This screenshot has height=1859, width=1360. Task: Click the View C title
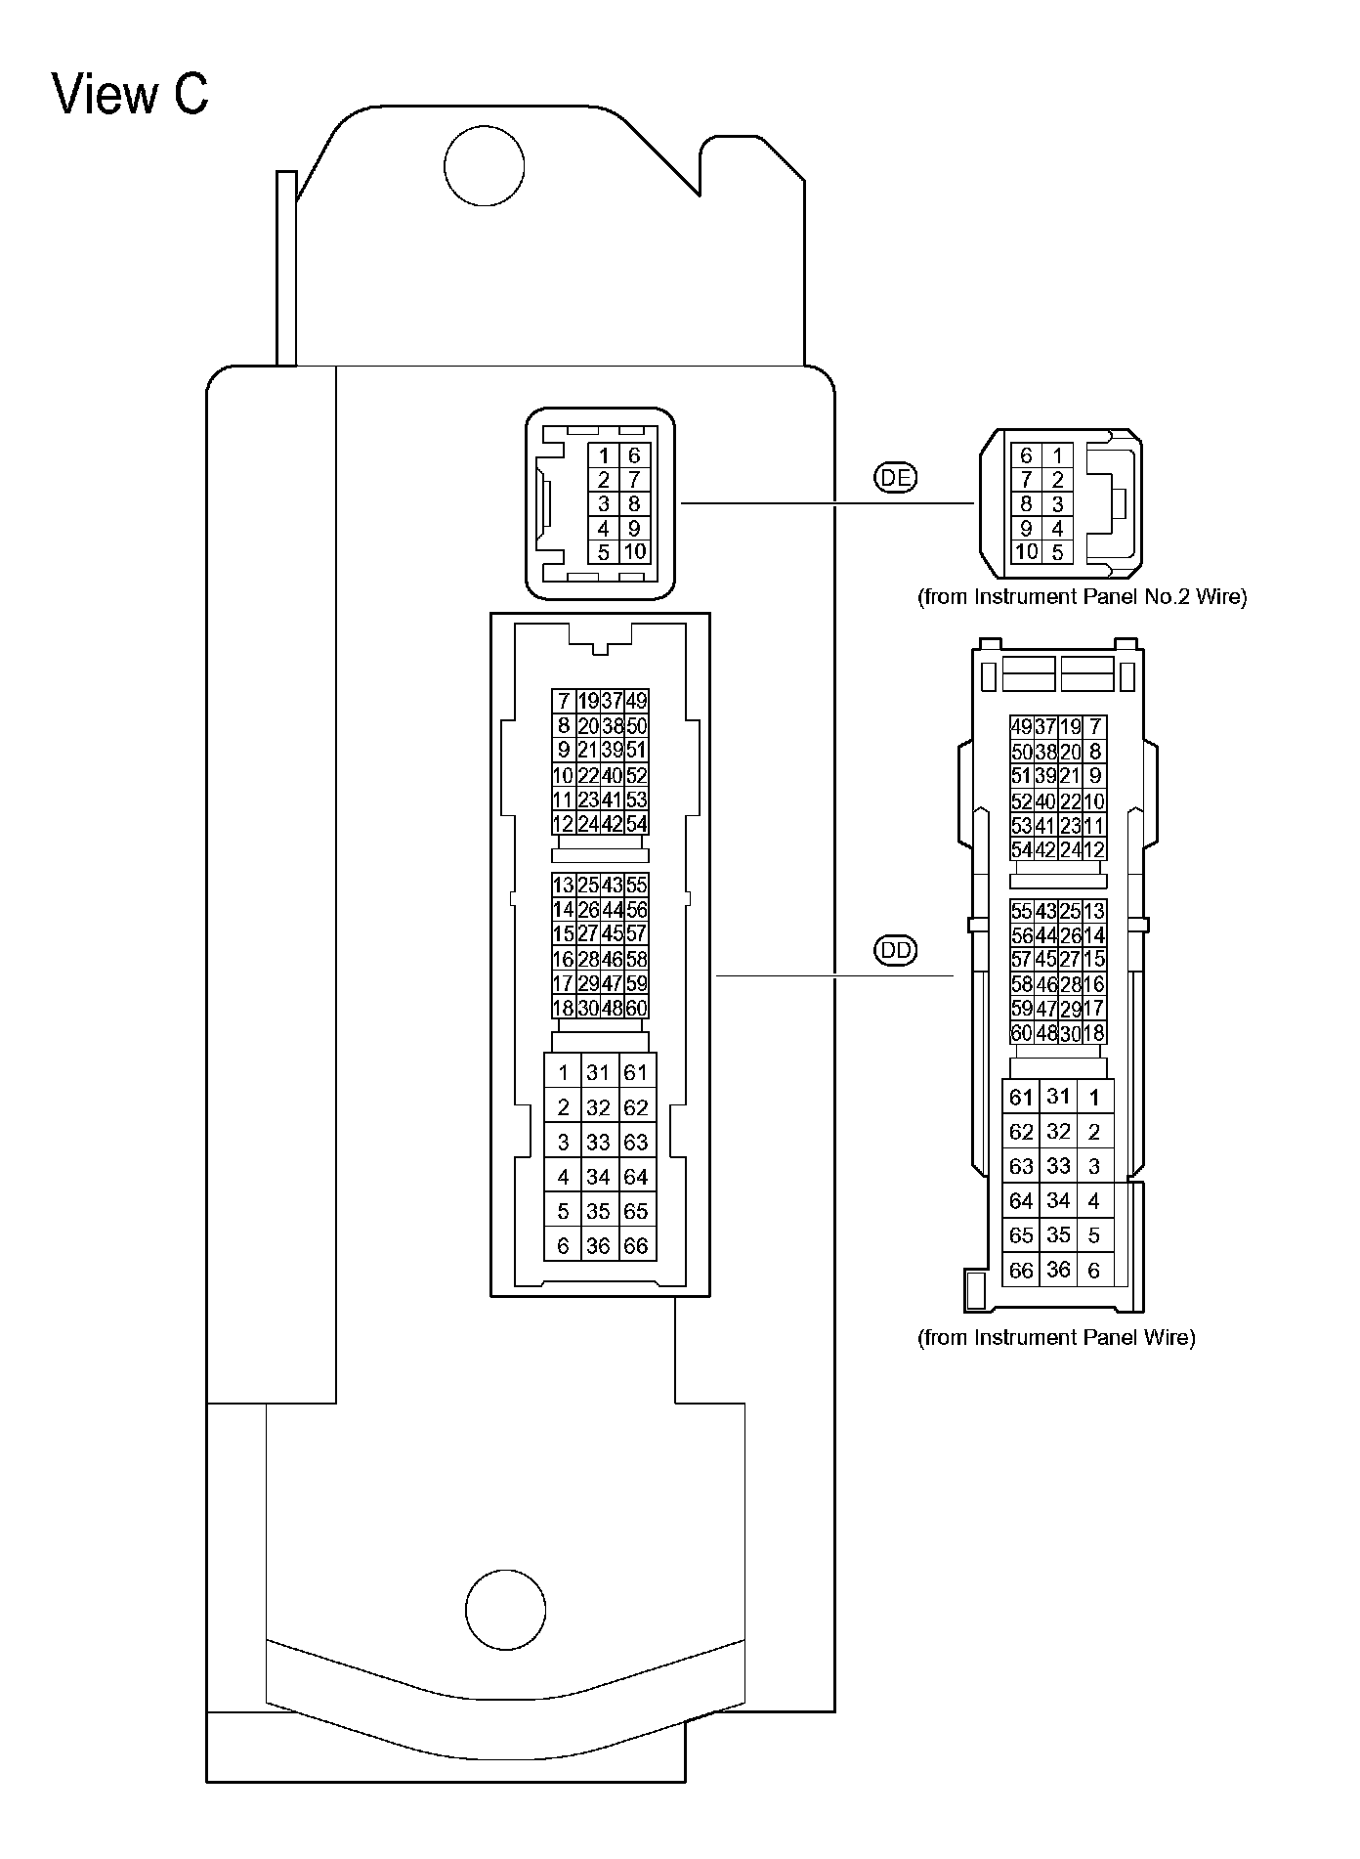[x=130, y=95]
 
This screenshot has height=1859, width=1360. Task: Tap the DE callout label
[x=895, y=477]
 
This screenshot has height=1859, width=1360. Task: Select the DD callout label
[x=895, y=950]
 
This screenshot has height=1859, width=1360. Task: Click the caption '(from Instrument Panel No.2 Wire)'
[x=1082, y=596]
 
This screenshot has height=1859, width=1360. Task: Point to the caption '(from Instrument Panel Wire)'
[x=1055, y=1337]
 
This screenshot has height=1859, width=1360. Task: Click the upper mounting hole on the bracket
[x=484, y=165]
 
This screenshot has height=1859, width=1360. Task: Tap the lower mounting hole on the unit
[x=505, y=1610]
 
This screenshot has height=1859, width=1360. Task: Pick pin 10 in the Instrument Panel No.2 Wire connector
[x=1026, y=552]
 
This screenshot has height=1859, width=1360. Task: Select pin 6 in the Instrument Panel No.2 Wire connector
[x=1026, y=455]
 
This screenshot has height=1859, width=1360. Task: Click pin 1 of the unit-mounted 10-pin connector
[x=604, y=455]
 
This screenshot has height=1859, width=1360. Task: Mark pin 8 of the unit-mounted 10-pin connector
[x=634, y=504]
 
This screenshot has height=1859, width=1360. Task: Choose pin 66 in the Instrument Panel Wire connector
[x=1021, y=1271]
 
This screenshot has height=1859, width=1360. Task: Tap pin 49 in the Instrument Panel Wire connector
[x=1021, y=726]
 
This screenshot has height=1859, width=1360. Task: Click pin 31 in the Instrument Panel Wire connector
[x=1058, y=1097]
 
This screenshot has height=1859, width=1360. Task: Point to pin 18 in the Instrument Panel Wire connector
[x=1094, y=1033]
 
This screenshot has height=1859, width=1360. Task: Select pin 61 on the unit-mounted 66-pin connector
[x=636, y=1072]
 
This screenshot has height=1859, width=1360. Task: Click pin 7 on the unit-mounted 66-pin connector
[x=563, y=701]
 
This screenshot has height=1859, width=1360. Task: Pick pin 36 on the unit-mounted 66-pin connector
[x=598, y=1246]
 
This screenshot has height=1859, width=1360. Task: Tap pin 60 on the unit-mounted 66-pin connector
[x=636, y=1008]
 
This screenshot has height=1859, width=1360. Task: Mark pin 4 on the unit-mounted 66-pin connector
[x=563, y=1177]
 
